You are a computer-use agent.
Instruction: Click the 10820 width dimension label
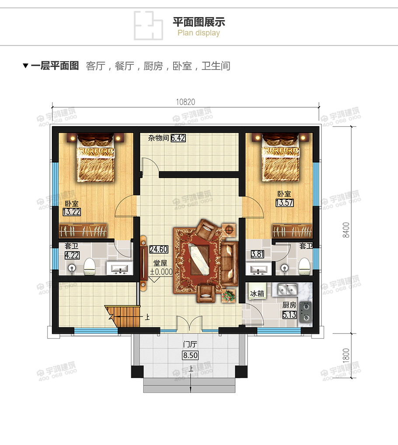click(185, 102)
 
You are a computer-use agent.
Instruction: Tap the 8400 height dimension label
click(346, 230)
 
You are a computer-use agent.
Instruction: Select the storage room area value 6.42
click(178, 138)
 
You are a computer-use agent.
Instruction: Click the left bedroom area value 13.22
click(71, 212)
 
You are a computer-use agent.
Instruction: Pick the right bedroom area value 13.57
click(285, 203)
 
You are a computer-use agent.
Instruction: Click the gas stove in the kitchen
click(306, 312)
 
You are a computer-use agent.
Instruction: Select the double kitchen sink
click(287, 290)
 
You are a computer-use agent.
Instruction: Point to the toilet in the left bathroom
click(89, 266)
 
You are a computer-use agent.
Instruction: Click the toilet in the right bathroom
click(304, 266)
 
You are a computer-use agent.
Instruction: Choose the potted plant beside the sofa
click(229, 296)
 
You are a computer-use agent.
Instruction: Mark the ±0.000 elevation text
click(161, 272)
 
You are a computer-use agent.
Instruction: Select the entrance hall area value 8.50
click(190, 355)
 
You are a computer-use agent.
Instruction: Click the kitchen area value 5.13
click(290, 315)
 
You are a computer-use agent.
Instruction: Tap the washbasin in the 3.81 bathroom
click(258, 269)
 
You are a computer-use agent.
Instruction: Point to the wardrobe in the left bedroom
click(83, 231)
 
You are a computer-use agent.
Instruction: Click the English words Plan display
click(199, 33)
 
